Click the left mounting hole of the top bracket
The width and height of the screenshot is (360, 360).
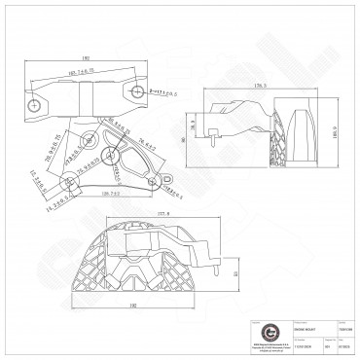[36, 100]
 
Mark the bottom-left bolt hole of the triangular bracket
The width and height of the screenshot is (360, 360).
[67, 181]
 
